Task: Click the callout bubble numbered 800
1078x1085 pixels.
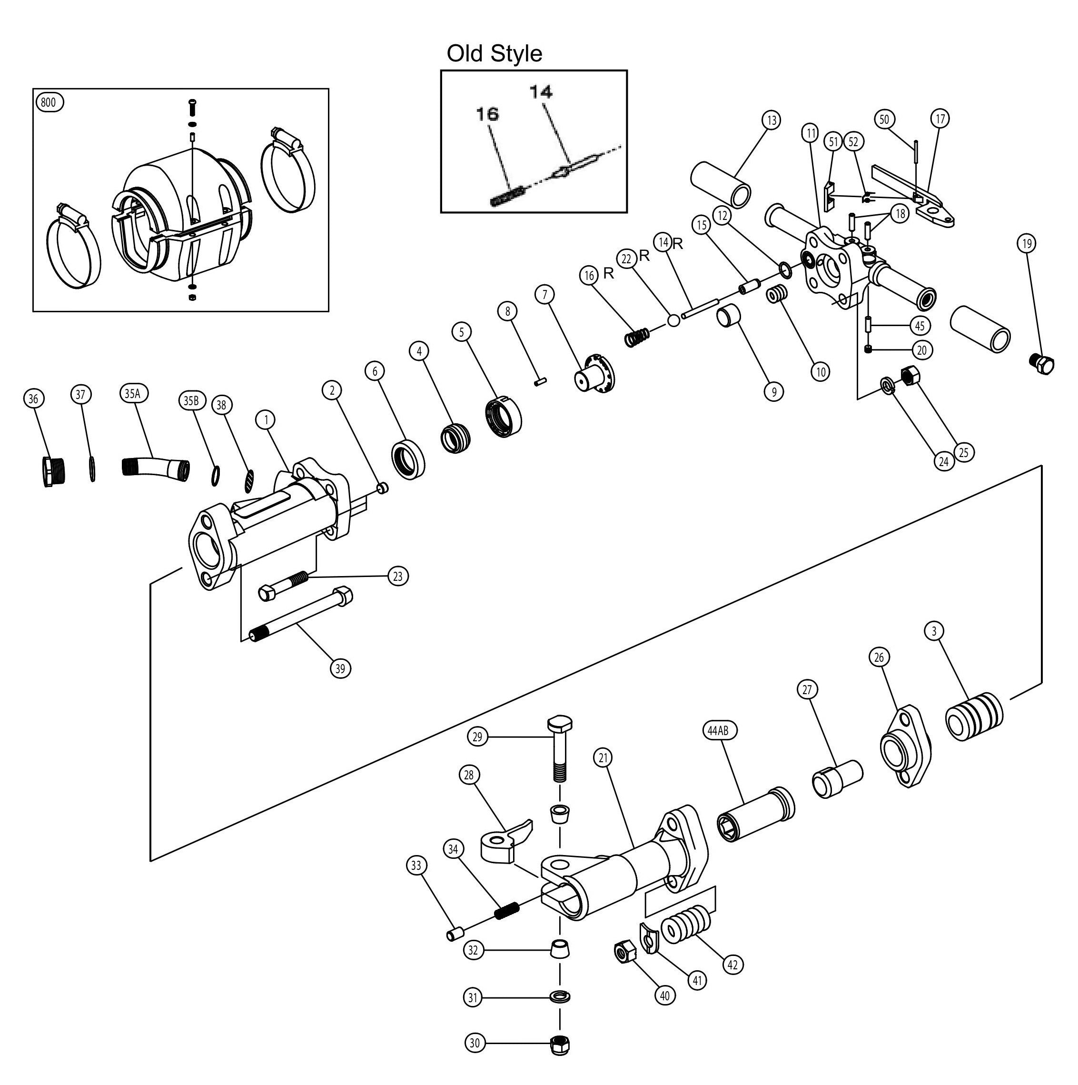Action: [49, 102]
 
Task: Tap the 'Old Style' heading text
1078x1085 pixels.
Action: [494, 53]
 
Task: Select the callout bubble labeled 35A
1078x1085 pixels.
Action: [134, 393]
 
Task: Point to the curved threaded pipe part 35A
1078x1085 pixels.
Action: [154, 467]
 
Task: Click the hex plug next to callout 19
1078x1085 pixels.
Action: [1043, 364]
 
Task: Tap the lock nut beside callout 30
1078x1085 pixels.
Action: [560, 1044]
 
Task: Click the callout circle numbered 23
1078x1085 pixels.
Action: [397, 576]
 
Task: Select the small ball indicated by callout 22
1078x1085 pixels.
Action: [673, 321]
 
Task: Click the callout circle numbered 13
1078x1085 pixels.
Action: [771, 119]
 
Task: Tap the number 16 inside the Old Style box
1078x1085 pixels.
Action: [487, 114]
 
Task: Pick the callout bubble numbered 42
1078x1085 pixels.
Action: [732, 965]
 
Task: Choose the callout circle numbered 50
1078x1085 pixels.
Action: [884, 119]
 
